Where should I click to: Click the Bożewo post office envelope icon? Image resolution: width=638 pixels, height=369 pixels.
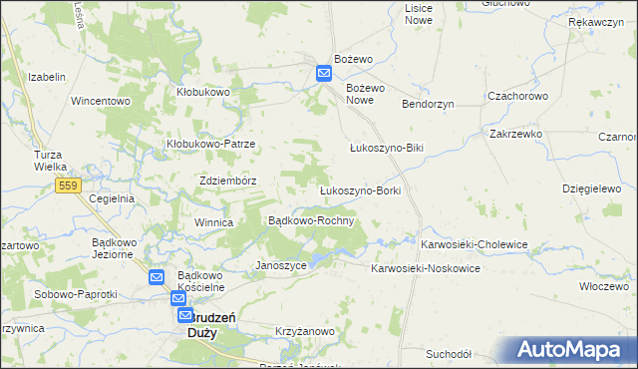(x=325, y=73)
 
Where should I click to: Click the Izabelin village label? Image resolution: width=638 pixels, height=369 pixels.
(x=47, y=77)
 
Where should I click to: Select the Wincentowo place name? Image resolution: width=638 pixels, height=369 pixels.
(x=101, y=101)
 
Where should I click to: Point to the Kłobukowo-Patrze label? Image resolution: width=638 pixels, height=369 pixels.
(x=210, y=144)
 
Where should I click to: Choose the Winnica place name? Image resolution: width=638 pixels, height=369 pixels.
(x=213, y=222)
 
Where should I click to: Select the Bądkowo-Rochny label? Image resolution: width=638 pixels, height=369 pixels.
(x=312, y=220)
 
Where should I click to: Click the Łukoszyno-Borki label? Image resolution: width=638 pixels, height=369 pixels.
(x=359, y=189)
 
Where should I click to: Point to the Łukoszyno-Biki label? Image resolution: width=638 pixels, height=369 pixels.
(x=387, y=148)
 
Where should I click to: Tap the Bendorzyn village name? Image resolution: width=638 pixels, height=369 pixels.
(x=428, y=104)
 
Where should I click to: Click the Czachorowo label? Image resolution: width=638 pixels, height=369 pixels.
(x=517, y=96)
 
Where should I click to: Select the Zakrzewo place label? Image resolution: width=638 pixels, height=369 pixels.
(x=514, y=133)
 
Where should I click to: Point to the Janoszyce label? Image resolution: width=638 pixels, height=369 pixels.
(x=281, y=266)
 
